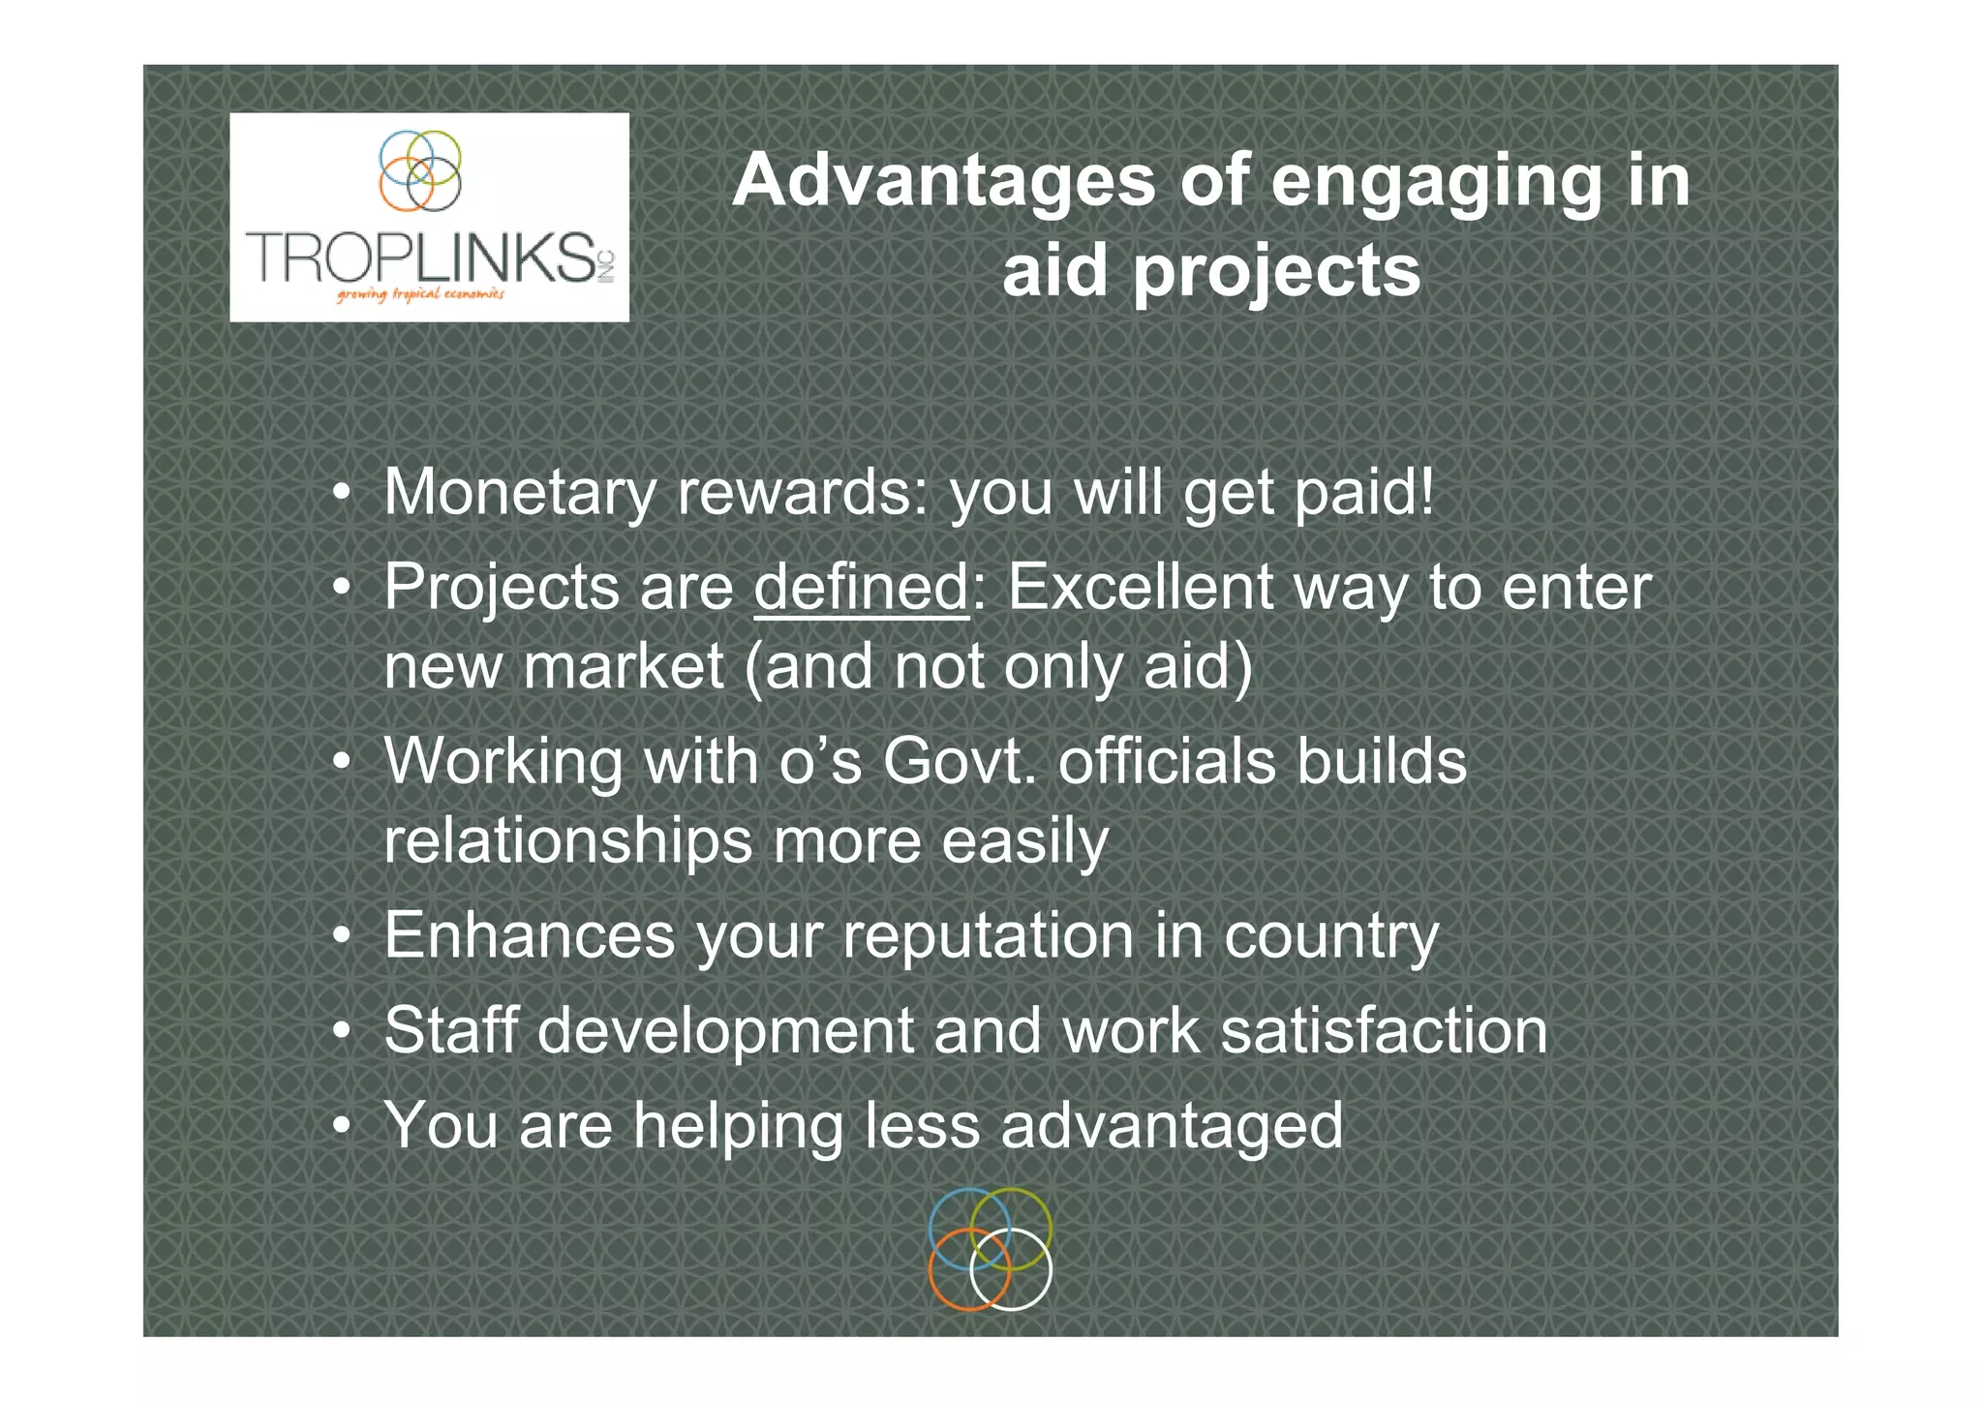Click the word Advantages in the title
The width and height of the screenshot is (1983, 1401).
(x=944, y=181)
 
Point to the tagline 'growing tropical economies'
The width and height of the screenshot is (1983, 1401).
(x=420, y=294)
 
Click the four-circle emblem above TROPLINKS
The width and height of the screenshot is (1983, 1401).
(x=420, y=170)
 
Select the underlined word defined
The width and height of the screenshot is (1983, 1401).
(x=861, y=587)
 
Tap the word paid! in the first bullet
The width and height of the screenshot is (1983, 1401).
(x=1363, y=493)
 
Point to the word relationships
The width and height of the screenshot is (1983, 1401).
(x=567, y=840)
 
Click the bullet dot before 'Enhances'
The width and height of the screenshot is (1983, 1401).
(x=341, y=937)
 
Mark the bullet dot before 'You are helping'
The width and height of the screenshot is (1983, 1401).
(x=341, y=1127)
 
